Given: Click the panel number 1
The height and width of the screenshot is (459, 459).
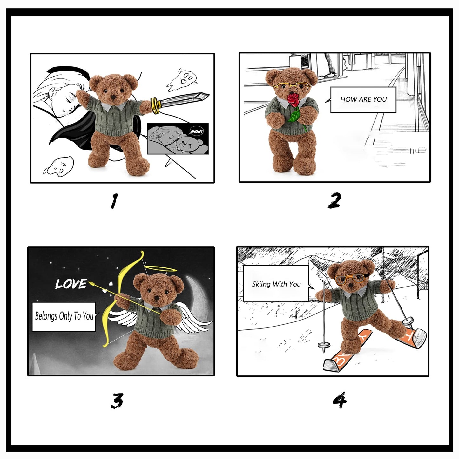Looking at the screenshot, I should (x=114, y=201).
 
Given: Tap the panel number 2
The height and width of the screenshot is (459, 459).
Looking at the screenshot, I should (x=334, y=201).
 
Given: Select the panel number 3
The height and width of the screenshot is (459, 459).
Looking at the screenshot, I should (x=117, y=401).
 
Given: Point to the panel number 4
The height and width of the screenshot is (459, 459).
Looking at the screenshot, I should (x=340, y=400).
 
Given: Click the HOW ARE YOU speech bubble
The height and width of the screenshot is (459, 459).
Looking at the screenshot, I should (x=363, y=100).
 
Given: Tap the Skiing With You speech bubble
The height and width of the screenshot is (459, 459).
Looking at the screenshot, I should (x=276, y=284).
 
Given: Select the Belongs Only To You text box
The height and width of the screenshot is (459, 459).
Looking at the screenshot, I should (x=64, y=316).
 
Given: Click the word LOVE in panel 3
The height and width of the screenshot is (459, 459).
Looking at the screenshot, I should (x=71, y=284).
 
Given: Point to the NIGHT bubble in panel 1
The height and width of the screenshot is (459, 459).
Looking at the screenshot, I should (x=197, y=132).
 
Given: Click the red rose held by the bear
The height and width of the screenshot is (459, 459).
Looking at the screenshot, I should (x=294, y=100).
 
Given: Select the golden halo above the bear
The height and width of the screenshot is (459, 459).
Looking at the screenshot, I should (x=160, y=269).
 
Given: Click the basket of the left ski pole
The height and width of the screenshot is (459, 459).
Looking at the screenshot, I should (x=323, y=345).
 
